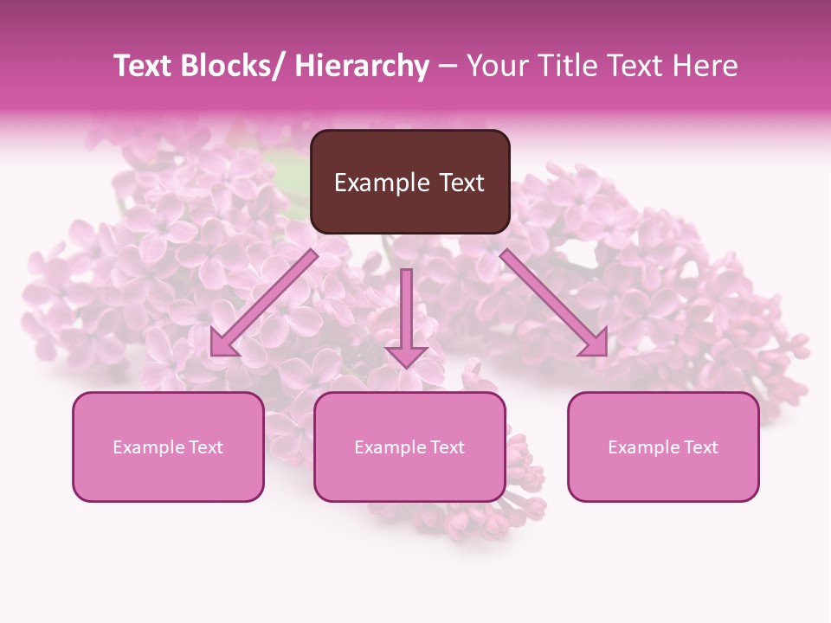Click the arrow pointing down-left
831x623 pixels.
pos(264,304)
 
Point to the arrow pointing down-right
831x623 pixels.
pos(554,303)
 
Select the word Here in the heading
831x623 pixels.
pos(706,66)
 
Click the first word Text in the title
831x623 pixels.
pos(142,66)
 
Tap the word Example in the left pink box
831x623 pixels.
pos(148,447)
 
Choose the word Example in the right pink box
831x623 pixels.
pos(643,447)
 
